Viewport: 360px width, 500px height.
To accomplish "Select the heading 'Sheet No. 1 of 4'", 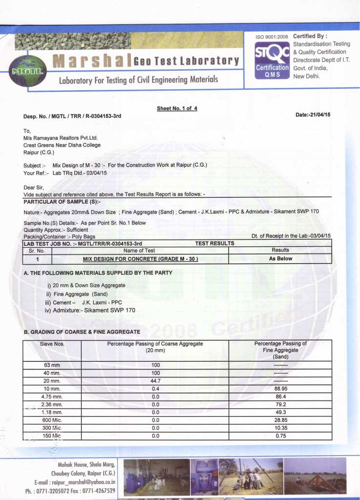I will click(177, 108).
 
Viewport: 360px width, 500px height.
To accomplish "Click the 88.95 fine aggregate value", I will click(280, 389).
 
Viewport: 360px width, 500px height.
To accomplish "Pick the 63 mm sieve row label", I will click(52, 365).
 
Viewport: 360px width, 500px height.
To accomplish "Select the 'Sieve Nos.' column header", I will click(52, 344).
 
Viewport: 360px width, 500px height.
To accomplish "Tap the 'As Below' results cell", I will click(280, 259).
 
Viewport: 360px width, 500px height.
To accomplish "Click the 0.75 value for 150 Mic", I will click(280, 436).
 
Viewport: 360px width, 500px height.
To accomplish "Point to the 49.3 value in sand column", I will click(280, 412).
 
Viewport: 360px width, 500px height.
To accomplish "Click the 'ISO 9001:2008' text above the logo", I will click(272, 37).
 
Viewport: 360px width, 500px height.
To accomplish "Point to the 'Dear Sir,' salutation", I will click(34, 187).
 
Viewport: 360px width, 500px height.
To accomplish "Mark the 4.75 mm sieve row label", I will click(52, 396).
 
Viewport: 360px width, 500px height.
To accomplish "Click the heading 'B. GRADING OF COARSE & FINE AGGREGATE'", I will click(82, 332).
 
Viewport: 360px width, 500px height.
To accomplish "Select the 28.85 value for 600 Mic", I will click(280, 420).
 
